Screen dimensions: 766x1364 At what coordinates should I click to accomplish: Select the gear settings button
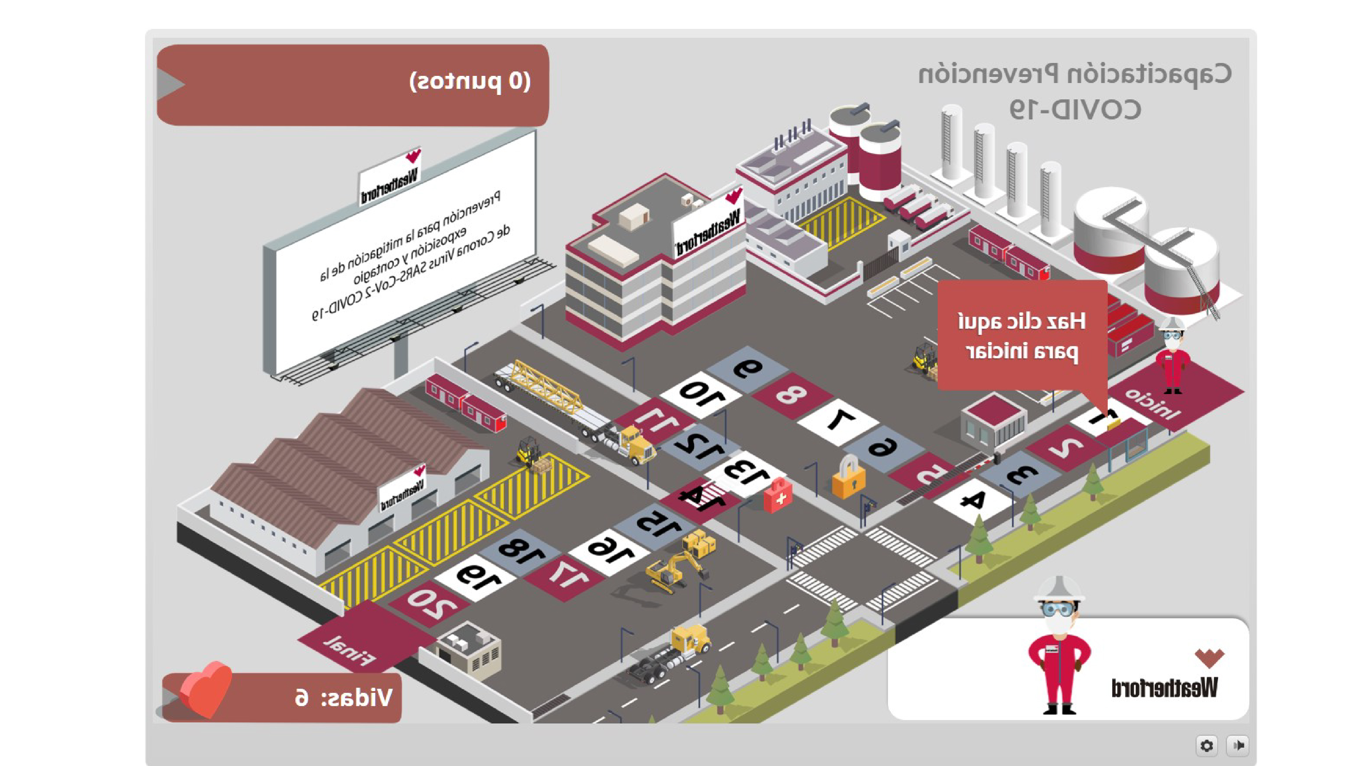1206,745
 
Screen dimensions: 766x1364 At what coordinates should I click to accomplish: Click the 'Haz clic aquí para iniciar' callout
1022,335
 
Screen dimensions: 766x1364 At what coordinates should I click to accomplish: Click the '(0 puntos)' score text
470,81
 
